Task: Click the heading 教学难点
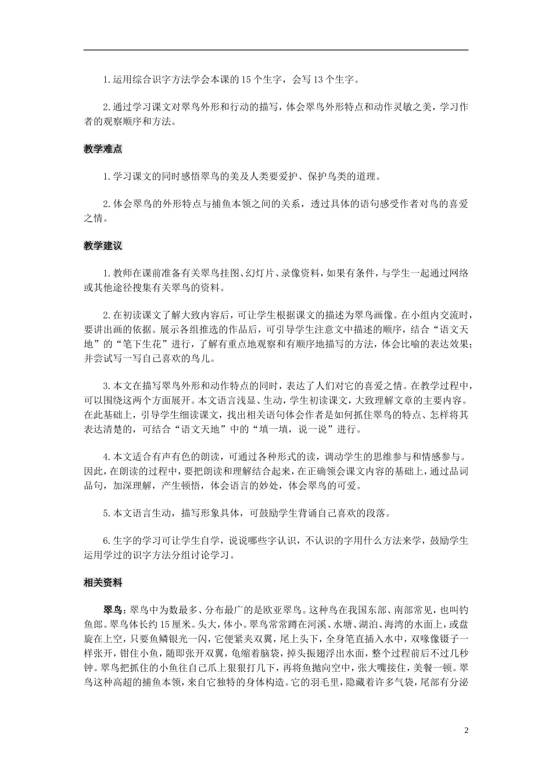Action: click(103, 149)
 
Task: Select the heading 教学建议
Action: click(103, 246)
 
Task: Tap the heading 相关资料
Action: click(103, 583)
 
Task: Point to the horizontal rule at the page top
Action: click(276, 50)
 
